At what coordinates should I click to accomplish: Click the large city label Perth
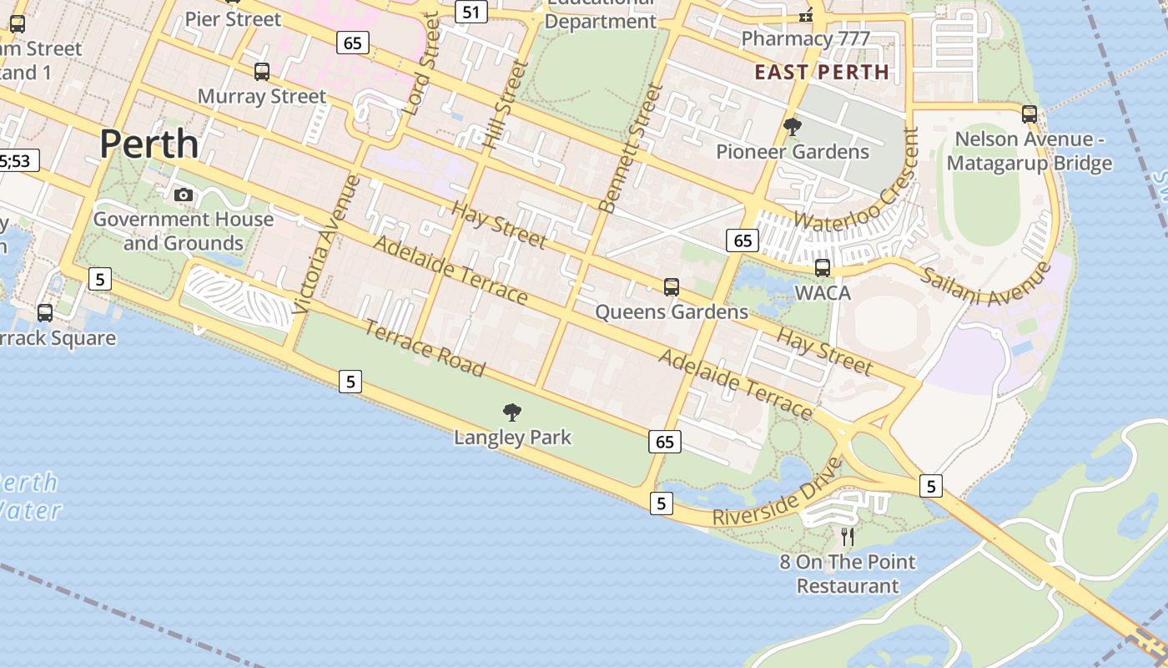149,144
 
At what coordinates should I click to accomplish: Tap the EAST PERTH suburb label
822,72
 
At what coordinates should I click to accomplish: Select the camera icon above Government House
184,195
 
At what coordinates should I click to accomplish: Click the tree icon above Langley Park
512,412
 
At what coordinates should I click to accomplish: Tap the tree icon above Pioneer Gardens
793,127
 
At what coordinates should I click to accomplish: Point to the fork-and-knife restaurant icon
848,536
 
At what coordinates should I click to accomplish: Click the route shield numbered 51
472,12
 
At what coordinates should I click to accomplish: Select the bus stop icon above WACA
823,268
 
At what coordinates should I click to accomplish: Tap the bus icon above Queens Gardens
672,287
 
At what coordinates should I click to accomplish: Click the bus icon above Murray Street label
262,72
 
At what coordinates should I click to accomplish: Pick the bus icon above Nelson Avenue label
1030,114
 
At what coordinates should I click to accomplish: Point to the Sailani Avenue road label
985,285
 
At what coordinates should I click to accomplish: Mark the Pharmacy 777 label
805,38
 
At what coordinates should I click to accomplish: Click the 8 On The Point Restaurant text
848,574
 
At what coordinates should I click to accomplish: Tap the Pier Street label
233,18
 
